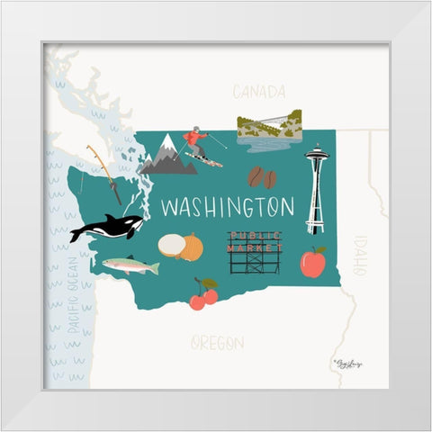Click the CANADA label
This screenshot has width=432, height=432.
coord(258,92)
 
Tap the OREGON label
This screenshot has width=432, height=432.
coord(217,343)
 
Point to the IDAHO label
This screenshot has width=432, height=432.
coord(360,255)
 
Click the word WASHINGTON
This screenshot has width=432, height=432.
coord(227,207)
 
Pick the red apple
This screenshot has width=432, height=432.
coord(312,263)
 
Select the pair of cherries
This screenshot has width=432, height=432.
coord(203,295)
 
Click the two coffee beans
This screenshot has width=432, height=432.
coord(262,177)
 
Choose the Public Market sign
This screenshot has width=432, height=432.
coord(254,252)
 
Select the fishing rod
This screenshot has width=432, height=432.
coord(105,174)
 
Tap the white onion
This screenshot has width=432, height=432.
coord(171,246)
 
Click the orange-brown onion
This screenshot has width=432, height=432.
coord(192,247)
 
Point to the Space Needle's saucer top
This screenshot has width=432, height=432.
coord(315,158)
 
